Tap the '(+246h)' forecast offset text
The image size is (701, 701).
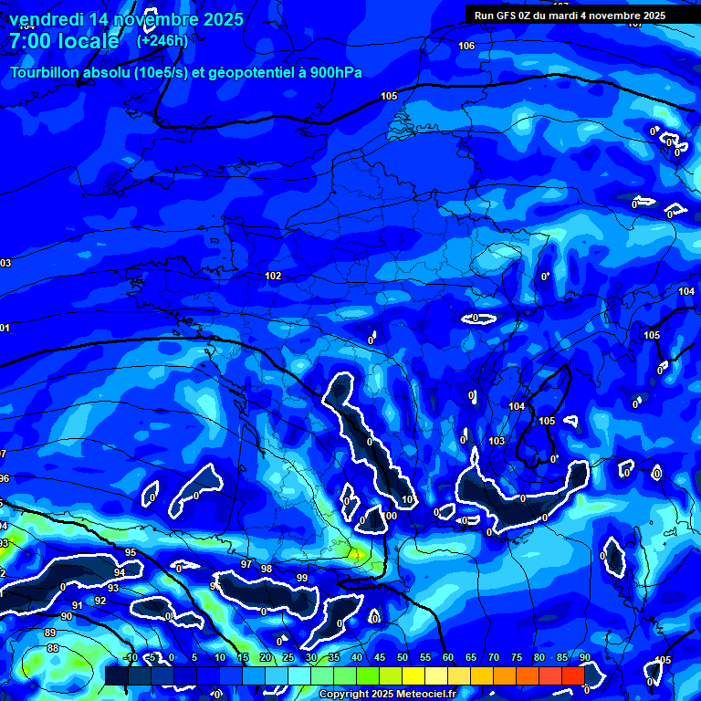[162, 40]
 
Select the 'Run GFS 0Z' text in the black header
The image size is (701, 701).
[508, 16]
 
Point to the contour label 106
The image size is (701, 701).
[466, 46]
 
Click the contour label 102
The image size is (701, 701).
[273, 276]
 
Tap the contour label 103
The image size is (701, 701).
[497, 441]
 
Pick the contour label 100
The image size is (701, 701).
[391, 516]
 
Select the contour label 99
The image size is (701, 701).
[302, 578]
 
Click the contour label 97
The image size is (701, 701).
[246, 565]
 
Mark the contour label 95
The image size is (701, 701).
[131, 552]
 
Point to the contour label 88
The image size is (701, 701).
[53, 648]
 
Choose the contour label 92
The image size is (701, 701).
[100, 601]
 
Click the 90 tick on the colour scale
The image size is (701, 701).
[584, 658]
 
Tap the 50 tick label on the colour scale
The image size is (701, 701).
[403, 658]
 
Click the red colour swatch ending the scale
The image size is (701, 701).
[572, 675]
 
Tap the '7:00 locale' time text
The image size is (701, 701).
[64, 41]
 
